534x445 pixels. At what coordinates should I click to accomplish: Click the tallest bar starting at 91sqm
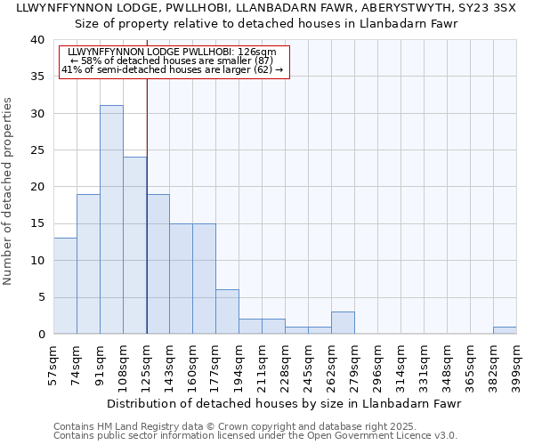coord(111,220)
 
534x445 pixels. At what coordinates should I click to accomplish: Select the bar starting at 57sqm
coord(65,286)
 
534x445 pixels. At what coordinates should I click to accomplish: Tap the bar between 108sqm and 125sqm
coord(134,246)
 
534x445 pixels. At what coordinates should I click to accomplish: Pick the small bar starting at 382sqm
coord(505,330)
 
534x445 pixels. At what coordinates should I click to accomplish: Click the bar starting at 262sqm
coord(343,323)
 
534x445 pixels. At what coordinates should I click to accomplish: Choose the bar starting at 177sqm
coord(227,311)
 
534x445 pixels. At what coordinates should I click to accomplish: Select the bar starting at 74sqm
coord(88,263)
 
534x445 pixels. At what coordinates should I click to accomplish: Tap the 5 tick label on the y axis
coord(40,297)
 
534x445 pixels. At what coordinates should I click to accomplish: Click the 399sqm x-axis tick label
coord(517,364)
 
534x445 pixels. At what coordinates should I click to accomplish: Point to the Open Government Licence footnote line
coord(255,435)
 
